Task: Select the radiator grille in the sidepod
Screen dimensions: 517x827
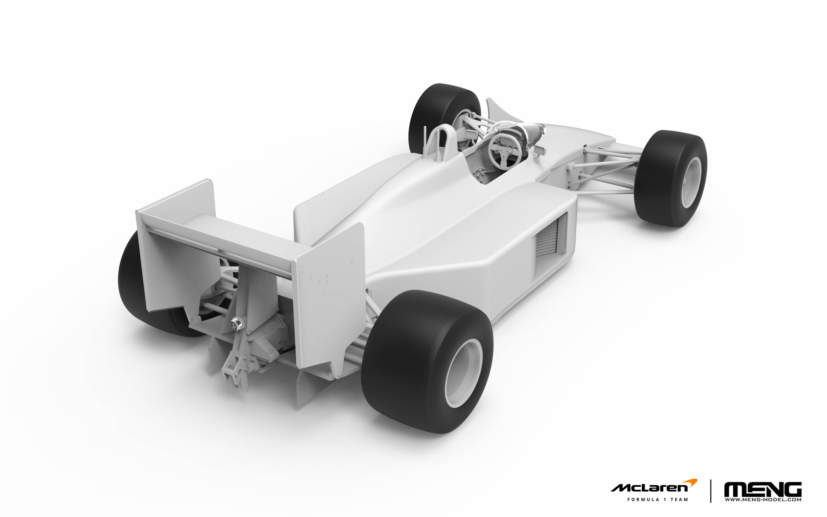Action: pos(547,238)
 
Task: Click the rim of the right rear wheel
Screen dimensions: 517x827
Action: pos(464,373)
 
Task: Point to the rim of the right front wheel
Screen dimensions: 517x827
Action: pos(691,182)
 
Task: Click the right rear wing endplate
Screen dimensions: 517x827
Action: pos(330,294)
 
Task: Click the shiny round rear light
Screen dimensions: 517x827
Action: pos(237,323)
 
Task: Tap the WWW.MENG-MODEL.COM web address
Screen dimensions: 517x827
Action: pos(763,500)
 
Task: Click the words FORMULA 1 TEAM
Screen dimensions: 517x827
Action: pos(657,500)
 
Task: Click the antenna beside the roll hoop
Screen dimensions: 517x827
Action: pos(425,138)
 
